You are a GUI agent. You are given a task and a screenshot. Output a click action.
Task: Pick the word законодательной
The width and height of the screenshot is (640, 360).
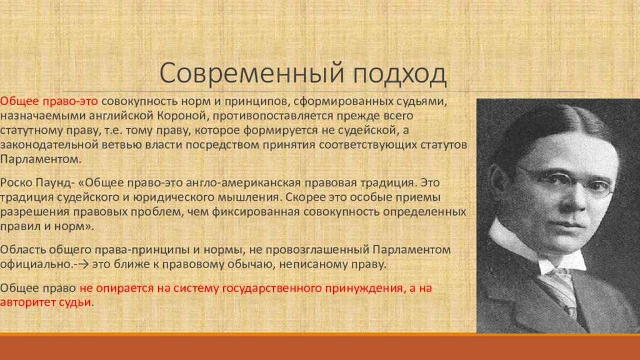[x=43, y=145]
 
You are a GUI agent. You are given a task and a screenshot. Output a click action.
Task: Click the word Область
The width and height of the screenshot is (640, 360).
[x=22, y=250]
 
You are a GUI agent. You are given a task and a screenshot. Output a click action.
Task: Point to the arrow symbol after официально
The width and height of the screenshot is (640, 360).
[x=82, y=265]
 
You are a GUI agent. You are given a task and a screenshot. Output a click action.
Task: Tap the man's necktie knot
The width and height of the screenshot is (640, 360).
[x=554, y=265]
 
